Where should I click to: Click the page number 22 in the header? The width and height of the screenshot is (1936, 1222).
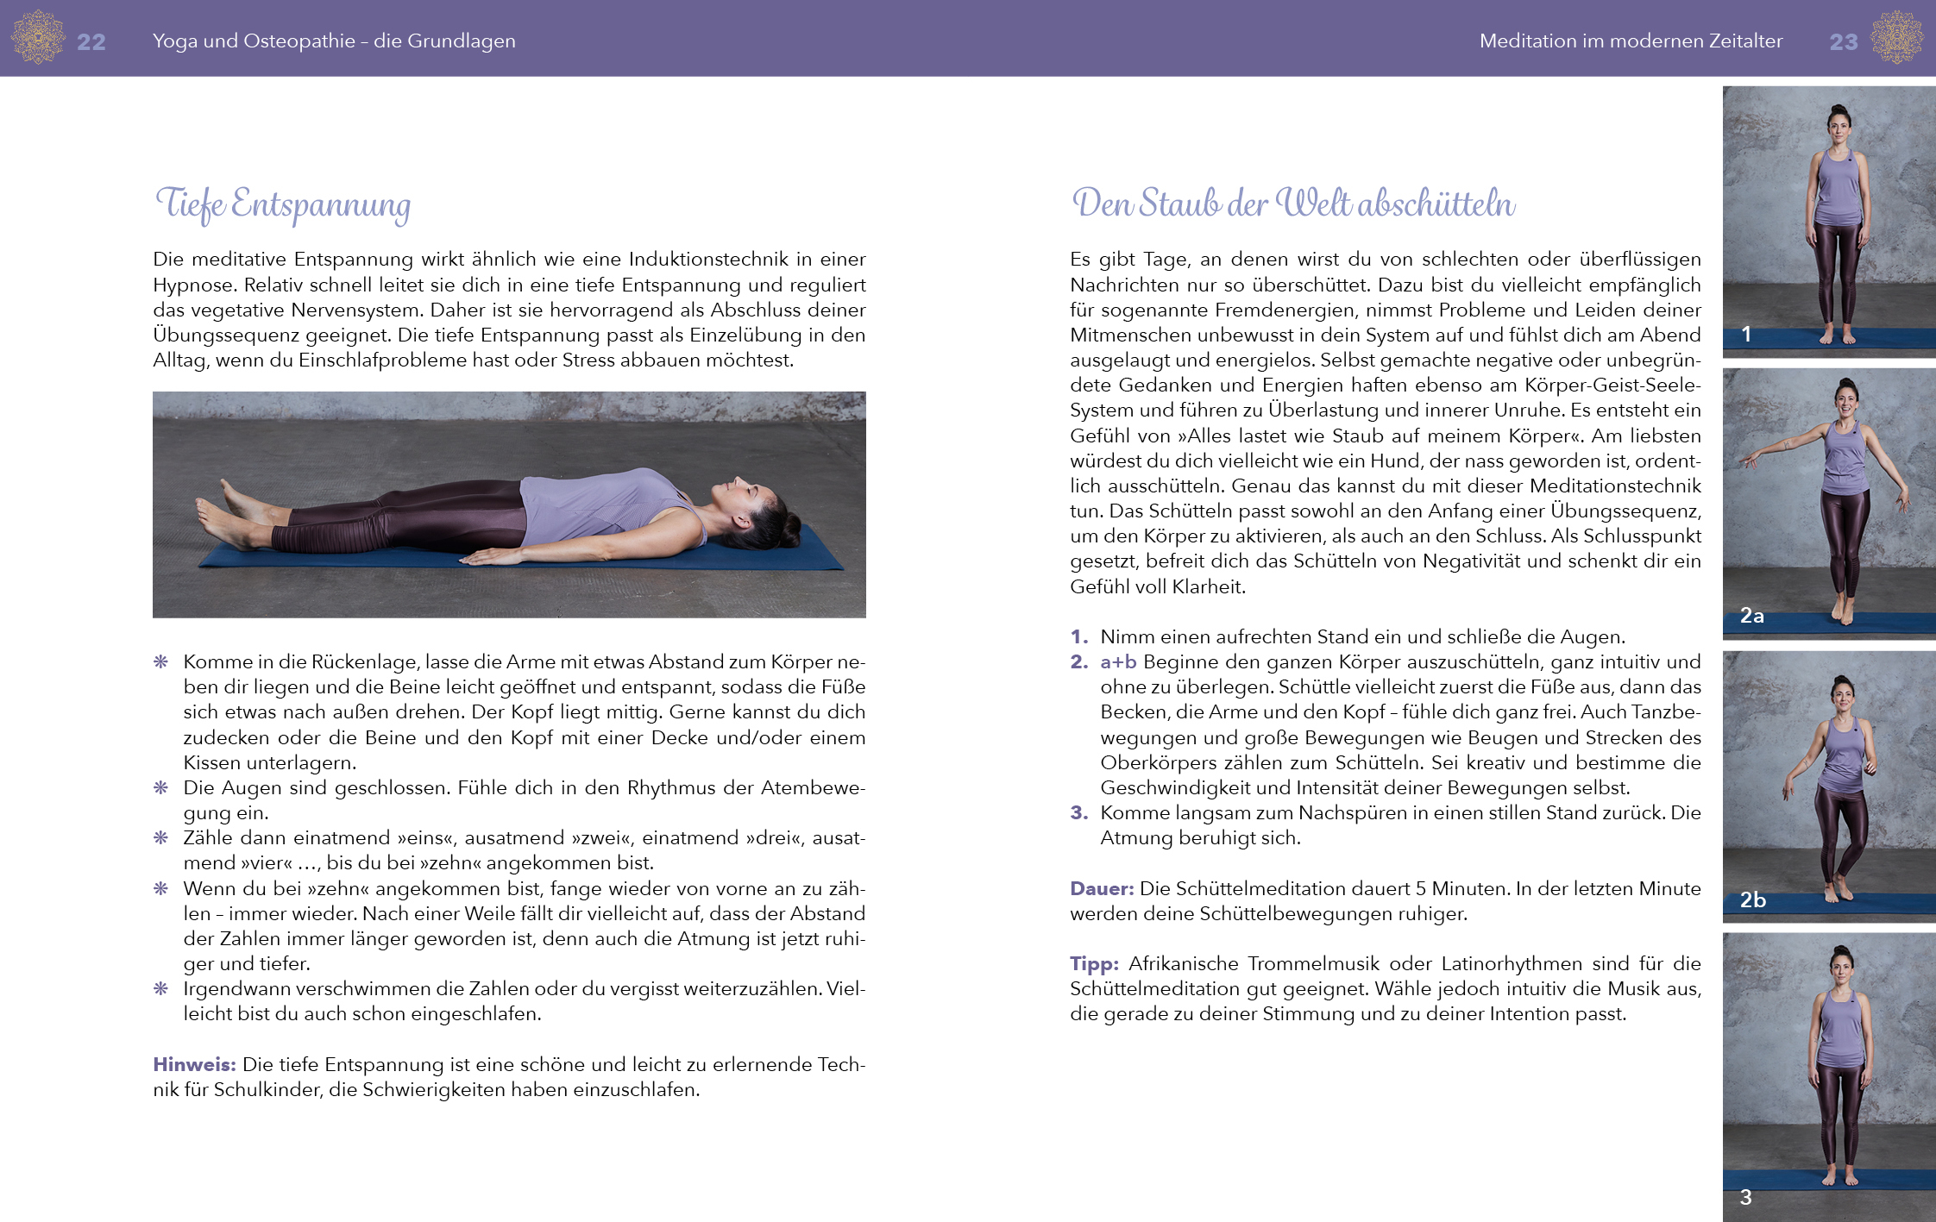[91, 41]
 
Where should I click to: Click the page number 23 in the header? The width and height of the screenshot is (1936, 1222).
[1843, 41]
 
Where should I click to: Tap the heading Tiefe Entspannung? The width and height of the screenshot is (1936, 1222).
[283, 204]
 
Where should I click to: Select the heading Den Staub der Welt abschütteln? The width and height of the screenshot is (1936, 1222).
[1292, 204]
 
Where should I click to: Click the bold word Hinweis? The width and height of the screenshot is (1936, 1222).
[194, 1064]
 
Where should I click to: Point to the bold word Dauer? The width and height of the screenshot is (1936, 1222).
[1102, 888]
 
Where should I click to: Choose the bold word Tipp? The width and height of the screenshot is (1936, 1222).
[1094, 963]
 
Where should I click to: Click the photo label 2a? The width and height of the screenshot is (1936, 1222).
[1751, 616]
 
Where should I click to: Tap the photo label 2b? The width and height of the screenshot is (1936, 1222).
[1752, 899]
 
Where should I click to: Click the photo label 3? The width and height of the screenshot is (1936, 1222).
[1745, 1197]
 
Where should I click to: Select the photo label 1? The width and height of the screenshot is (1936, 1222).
[1746, 334]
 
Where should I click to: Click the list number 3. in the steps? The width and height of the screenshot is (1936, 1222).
[1078, 812]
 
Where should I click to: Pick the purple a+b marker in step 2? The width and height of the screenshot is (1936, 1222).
[1118, 661]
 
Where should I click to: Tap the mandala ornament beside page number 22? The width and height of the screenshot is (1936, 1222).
[38, 37]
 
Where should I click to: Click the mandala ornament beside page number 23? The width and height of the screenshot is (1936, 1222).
[1896, 37]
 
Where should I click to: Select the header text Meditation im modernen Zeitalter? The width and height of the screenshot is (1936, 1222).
[1631, 41]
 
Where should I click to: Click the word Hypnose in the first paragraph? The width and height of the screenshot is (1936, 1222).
[192, 285]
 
